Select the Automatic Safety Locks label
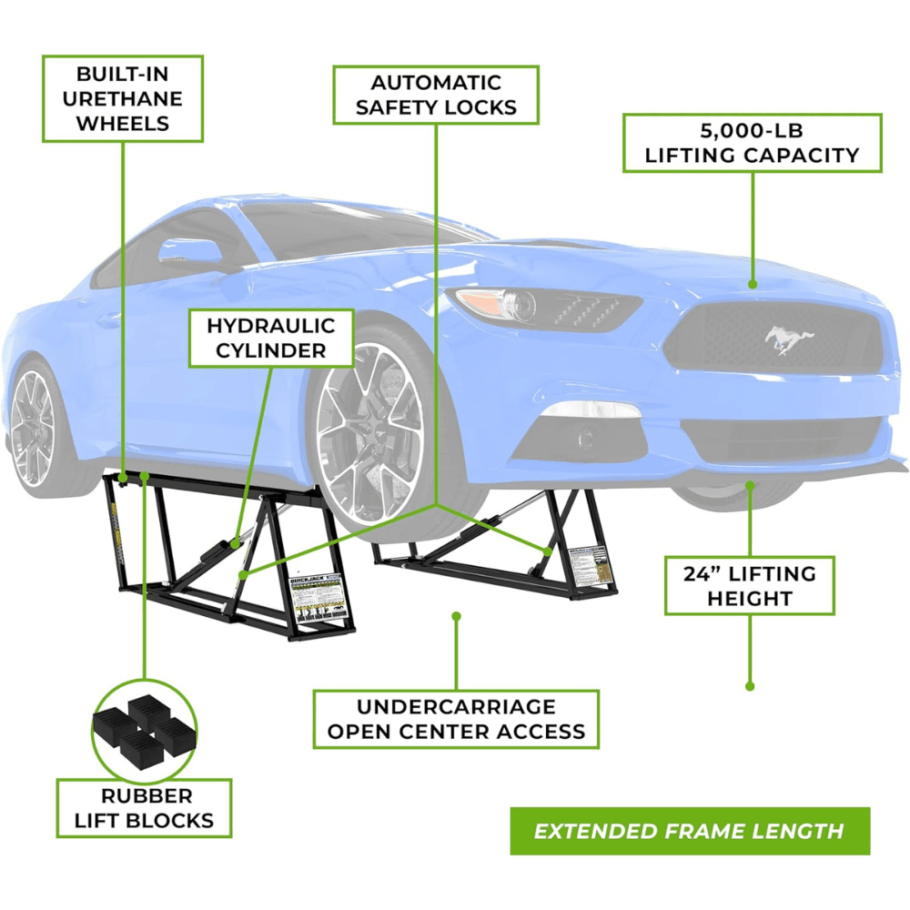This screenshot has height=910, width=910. tap(436, 95)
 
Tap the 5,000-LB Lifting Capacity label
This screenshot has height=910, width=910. tap(752, 143)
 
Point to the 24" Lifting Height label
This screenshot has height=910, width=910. tap(749, 585)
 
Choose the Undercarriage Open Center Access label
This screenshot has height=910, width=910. tap(456, 718)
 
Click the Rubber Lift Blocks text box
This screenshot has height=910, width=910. tap(144, 807)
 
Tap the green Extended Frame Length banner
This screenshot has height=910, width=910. tap(689, 831)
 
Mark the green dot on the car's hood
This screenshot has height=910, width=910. tap(753, 285)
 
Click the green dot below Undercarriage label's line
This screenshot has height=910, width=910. tap(456, 616)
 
